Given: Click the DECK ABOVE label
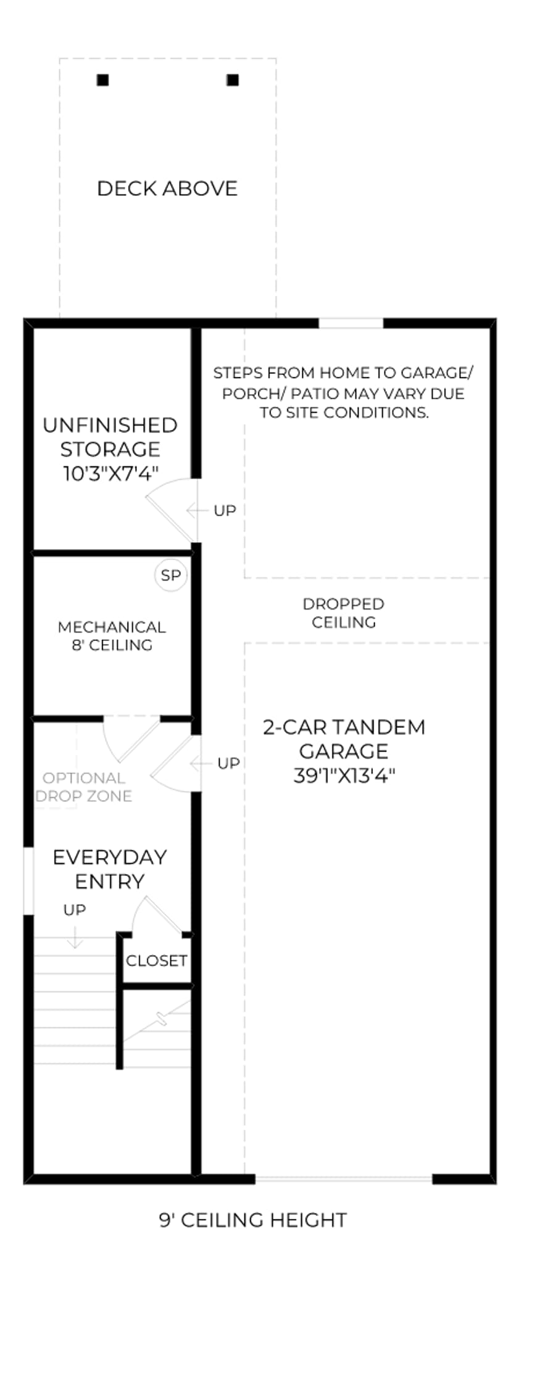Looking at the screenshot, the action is point(167,188).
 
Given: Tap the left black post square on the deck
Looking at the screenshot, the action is point(103,80).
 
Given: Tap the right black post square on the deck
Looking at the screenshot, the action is point(233,80).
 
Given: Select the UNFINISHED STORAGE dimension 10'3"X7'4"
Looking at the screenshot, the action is point(110,474).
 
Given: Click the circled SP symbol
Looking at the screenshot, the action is point(170,576).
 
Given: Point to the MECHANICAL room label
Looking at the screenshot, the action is point(112,627).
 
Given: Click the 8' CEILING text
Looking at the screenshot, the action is point(112,645).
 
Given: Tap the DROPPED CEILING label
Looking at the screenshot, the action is point(343,613).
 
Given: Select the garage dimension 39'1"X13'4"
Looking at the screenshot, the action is point(344,775).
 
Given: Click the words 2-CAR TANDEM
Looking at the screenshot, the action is point(344,727).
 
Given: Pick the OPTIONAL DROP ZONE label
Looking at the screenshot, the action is point(84,787).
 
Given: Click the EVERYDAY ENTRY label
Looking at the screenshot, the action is point(110,869).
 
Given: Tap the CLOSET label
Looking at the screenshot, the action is point(156,960).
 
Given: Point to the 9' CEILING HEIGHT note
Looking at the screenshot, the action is point(253,1220).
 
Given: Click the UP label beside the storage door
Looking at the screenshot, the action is point(225,511).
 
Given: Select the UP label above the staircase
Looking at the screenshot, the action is point(75,910).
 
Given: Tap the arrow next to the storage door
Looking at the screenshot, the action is point(197,511).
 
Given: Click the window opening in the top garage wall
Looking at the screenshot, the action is point(351,323).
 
